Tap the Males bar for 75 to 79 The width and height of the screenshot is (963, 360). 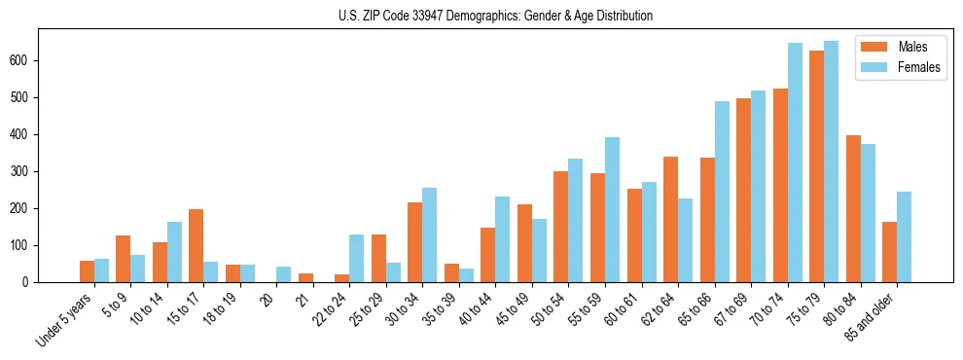pos(816,166)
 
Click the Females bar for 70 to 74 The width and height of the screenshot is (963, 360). pos(795,162)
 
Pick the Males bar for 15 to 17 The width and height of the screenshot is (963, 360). pos(196,245)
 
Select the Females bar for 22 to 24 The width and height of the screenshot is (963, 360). pos(357,258)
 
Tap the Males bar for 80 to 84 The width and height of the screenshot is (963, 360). pos(853,208)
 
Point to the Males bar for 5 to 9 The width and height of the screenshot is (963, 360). pos(124,259)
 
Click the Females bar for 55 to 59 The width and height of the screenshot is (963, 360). pos(612,209)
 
